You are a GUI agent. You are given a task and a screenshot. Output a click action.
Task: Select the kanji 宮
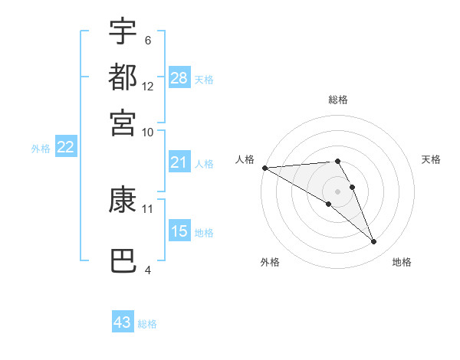[x=123, y=122]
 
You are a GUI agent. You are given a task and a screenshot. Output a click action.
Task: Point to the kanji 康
[x=123, y=200]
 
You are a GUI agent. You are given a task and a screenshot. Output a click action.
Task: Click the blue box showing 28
[x=179, y=78]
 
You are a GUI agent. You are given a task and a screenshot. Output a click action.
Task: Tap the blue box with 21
[x=179, y=162]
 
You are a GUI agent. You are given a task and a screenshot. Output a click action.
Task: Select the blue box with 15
[x=179, y=231]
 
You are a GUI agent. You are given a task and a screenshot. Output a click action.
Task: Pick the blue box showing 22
[x=65, y=148]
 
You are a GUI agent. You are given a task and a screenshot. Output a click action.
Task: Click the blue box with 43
[x=123, y=322]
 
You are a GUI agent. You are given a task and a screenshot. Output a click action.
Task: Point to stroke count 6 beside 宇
[x=148, y=40]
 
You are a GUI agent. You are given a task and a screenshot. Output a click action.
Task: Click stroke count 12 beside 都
[x=148, y=86]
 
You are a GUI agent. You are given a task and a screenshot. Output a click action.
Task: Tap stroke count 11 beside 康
[x=148, y=208]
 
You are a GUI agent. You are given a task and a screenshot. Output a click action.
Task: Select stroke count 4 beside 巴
[x=148, y=270]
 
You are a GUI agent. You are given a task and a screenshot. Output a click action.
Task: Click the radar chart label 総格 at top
[x=337, y=100]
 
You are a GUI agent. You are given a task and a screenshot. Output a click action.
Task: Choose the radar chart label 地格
[x=402, y=262]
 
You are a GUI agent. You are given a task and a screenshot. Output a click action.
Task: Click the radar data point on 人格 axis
[x=264, y=168]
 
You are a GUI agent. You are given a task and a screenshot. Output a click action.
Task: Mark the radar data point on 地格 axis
[x=374, y=242]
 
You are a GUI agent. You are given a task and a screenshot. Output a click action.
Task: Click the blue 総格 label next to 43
[x=148, y=324]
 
